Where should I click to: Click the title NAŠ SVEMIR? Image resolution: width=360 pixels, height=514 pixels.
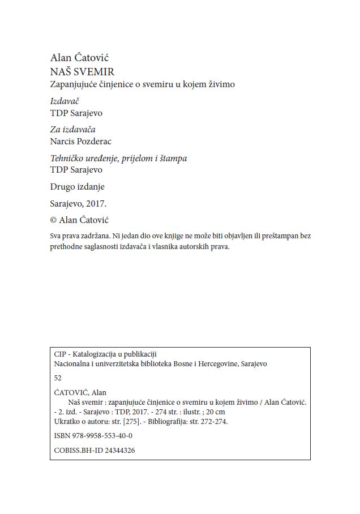tap(83, 71)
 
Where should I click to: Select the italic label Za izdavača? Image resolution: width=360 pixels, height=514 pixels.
tap(73, 130)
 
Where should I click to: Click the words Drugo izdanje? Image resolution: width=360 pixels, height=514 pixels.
tap(78, 186)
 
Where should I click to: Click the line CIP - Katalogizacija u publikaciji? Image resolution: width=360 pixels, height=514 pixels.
tap(105, 354)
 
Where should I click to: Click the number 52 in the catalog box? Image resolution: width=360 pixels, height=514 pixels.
tap(57, 378)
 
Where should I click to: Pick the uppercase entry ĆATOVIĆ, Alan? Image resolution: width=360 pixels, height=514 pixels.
tap(79, 392)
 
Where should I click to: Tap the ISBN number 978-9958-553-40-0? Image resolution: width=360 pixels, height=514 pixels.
tap(102, 436)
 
